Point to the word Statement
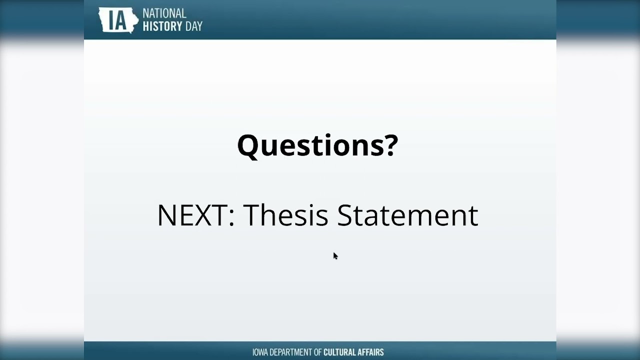[407, 215]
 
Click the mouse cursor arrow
[335, 255]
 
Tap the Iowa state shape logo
[118, 20]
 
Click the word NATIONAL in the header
[164, 13]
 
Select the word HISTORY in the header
[161, 26]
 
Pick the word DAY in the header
[193, 26]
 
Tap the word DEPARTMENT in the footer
[292, 352]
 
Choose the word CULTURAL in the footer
[341, 352]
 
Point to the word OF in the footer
[317, 352]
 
